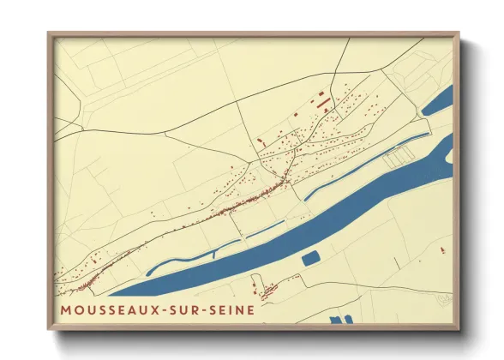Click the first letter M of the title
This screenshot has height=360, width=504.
[x=66, y=309]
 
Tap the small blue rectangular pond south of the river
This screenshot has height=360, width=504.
[x=310, y=257]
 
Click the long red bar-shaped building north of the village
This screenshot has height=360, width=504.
[x=323, y=102]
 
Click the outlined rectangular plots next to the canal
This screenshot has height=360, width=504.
[x=399, y=156]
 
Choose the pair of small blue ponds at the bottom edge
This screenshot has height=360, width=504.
[x=341, y=319]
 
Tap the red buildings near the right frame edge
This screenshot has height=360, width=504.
[x=441, y=249]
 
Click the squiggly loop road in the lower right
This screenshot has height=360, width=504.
[x=442, y=298]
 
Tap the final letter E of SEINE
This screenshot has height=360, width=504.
[x=250, y=309]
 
